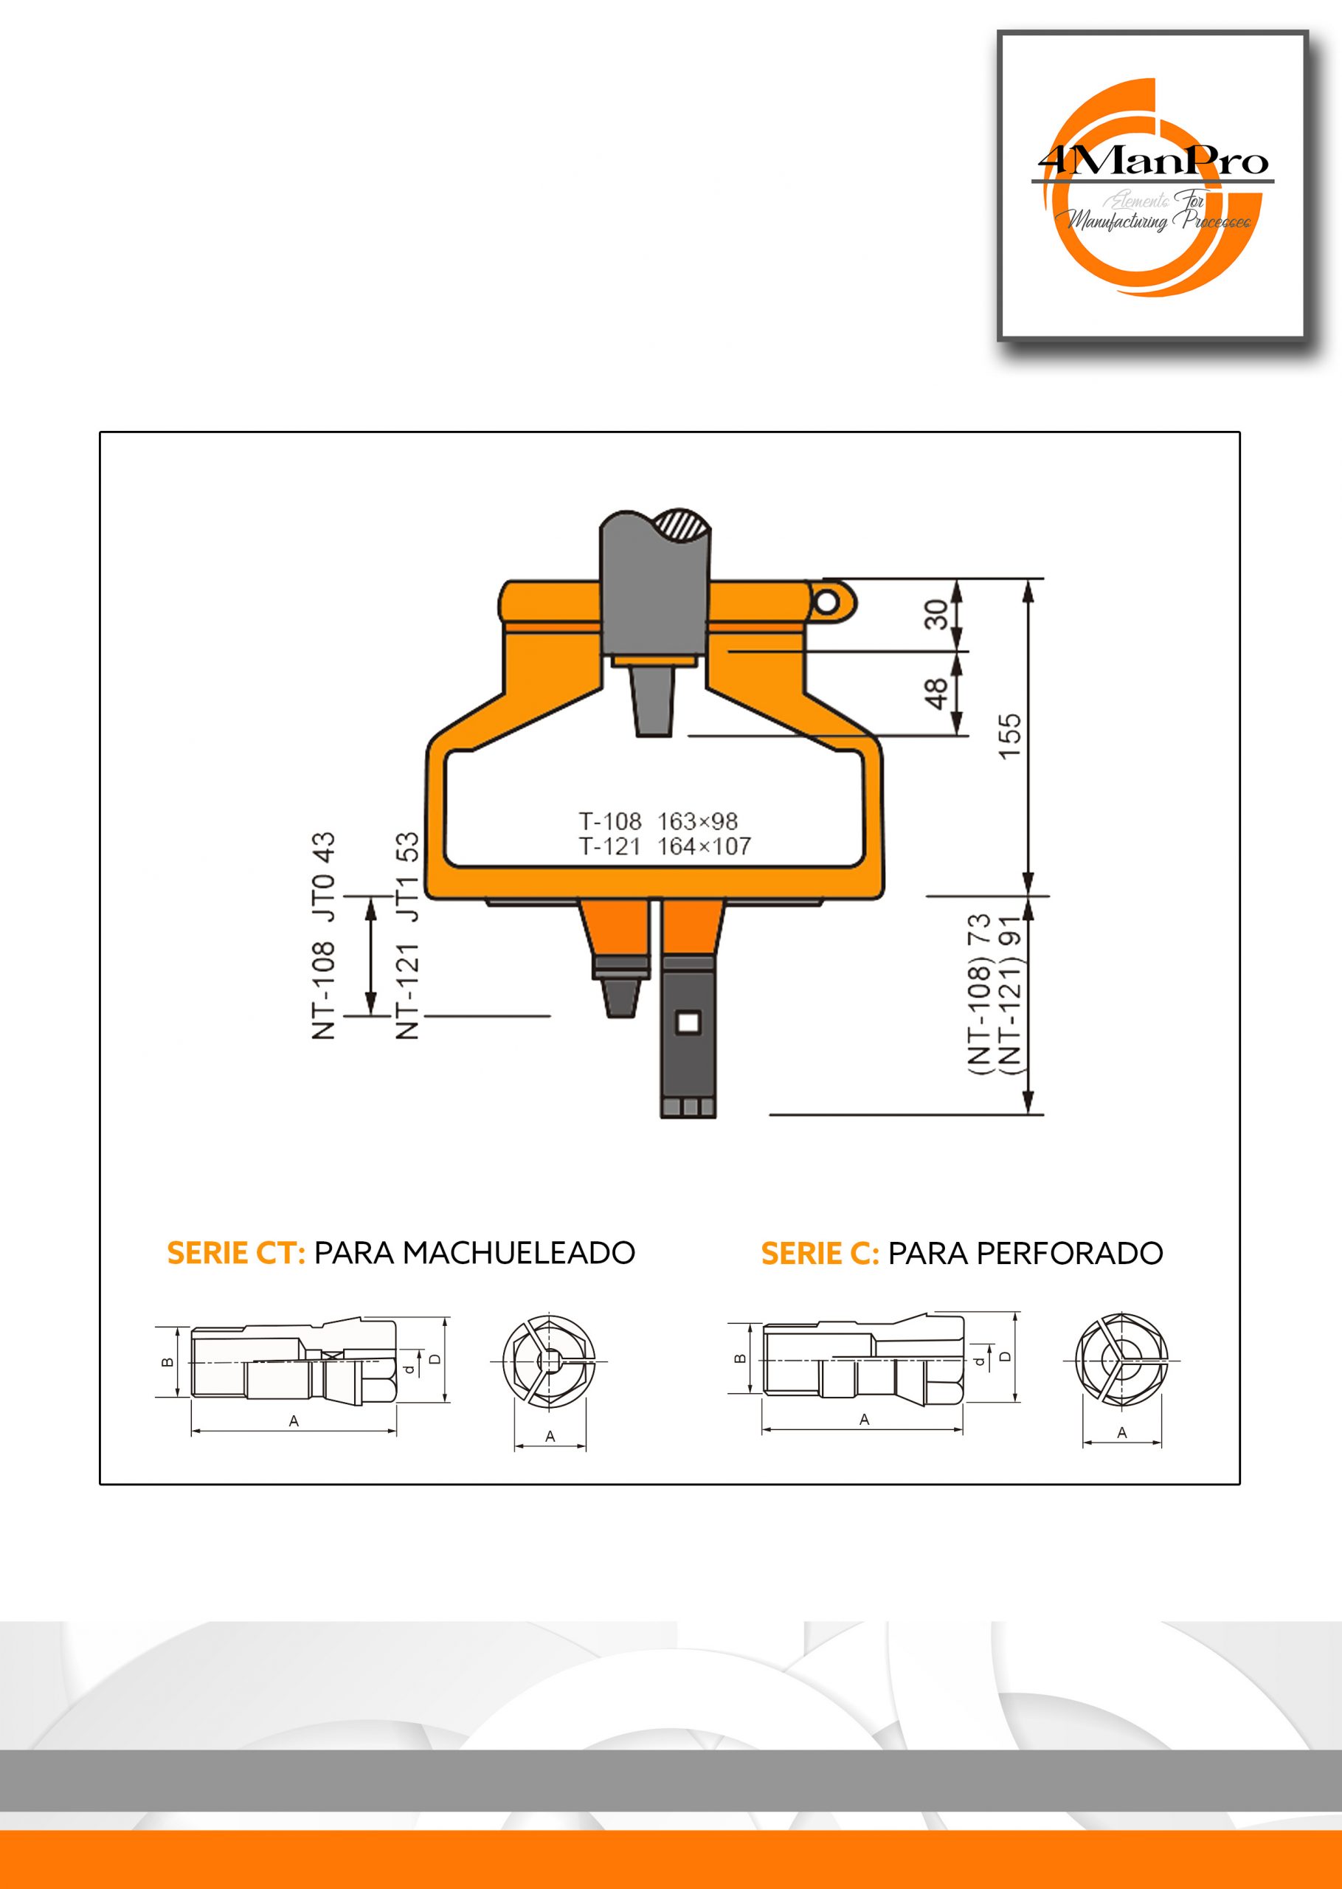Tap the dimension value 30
pyautogui.click(x=937, y=615)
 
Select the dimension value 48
pyautogui.click(x=937, y=694)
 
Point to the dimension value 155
pyautogui.click(x=1010, y=736)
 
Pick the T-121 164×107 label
pyautogui.click(x=665, y=846)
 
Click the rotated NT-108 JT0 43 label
pyautogui.click(x=324, y=936)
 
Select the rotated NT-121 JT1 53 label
pyautogui.click(x=408, y=936)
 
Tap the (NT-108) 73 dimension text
pyautogui.click(x=980, y=994)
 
